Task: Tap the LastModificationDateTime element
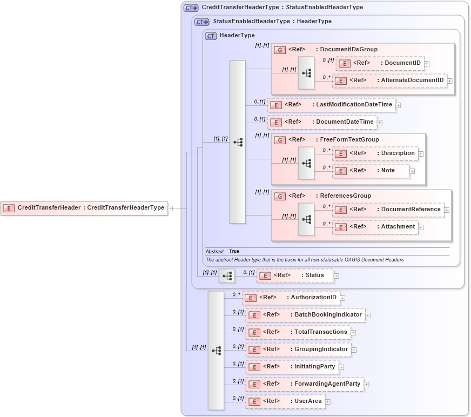click(x=354, y=104)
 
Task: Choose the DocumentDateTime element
click(x=345, y=122)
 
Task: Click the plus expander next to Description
click(x=421, y=153)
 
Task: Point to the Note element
click(x=387, y=171)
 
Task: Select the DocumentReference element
click(x=411, y=210)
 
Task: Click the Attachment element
click(x=398, y=227)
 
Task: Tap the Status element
click(x=314, y=275)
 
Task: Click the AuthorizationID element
click(x=313, y=298)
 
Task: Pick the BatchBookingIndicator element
click(x=328, y=315)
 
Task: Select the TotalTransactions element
click(x=320, y=332)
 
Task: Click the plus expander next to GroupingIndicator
click(x=354, y=350)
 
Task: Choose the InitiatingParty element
click(x=314, y=367)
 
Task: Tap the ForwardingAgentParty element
click(x=327, y=384)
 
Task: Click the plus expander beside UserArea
click(x=328, y=402)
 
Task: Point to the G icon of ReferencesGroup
click(x=280, y=196)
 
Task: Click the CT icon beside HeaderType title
click(x=211, y=36)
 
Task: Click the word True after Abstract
click(x=234, y=252)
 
